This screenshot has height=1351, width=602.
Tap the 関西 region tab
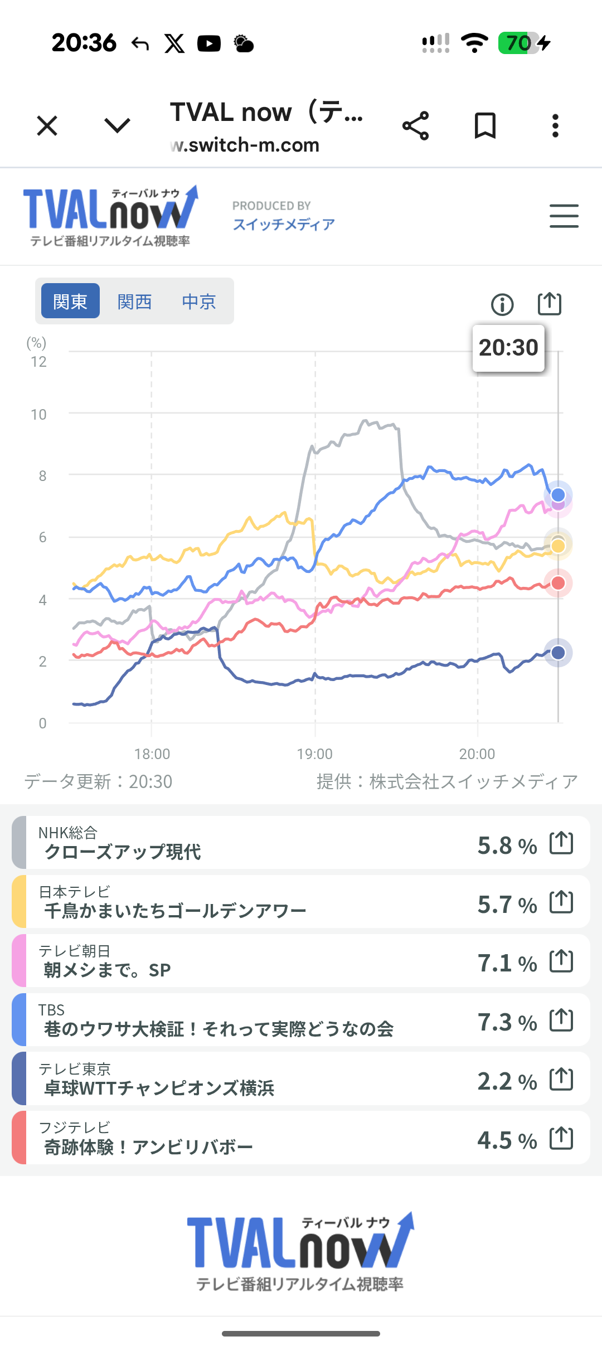[x=134, y=302]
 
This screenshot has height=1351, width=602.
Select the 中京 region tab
[x=199, y=302]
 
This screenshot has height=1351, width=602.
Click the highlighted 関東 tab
[x=70, y=301]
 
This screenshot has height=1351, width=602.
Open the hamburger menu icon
[x=564, y=216]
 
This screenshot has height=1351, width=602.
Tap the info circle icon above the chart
[x=502, y=304]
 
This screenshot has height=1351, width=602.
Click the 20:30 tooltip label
[x=508, y=348]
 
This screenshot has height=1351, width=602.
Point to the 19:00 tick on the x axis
[x=314, y=754]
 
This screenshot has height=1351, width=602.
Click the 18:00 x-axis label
[x=152, y=754]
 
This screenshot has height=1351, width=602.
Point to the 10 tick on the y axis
[x=38, y=415]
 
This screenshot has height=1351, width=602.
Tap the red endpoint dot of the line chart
[x=558, y=583]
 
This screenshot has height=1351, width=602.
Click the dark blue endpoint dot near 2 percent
[x=558, y=653]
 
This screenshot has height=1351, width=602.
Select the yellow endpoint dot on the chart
[x=558, y=545]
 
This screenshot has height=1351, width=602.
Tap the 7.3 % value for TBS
[x=507, y=1022]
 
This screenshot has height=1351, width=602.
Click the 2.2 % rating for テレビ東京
[x=507, y=1081]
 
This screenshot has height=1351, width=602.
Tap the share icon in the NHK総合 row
[x=561, y=842]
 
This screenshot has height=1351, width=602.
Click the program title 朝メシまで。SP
[x=107, y=970]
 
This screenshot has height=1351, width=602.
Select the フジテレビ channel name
[x=75, y=1128]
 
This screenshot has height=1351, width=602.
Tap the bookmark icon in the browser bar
[x=485, y=125]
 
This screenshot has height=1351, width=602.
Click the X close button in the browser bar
[x=47, y=125]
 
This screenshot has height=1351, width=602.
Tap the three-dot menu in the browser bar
[x=555, y=125]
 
